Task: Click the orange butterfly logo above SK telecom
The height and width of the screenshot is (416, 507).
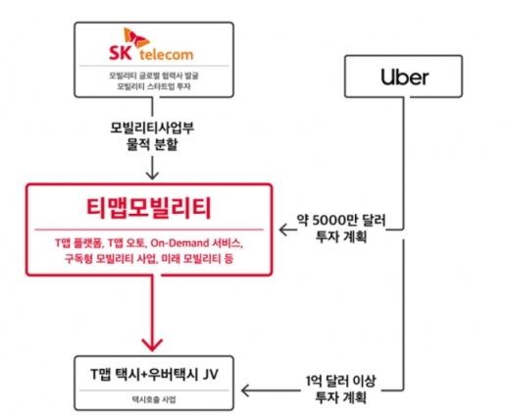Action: tap(136, 38)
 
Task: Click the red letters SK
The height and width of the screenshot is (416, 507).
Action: tap(121, 53)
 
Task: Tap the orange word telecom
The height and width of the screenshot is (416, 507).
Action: tap(167, 54)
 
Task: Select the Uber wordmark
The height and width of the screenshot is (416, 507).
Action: tap(404, 78)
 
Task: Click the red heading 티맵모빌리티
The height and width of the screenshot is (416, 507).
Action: tap(149, 208)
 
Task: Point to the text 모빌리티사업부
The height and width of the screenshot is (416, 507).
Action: tap(152, 128)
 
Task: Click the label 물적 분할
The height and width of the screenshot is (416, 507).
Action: tap(152, 143)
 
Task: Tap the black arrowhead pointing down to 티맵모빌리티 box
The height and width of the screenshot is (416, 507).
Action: tap(152, 175)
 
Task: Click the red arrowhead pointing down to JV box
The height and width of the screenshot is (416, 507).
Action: tap(152, 344)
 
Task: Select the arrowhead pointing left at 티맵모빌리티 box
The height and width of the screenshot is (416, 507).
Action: tap(283, 230)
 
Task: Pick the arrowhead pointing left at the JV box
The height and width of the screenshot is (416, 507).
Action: tap(246, 390)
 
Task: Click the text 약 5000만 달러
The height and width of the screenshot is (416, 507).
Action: tap(341, 221)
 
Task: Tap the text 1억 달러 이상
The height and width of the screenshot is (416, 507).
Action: tap(341, 382)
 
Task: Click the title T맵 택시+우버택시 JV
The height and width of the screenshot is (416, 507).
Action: tap(154, 375)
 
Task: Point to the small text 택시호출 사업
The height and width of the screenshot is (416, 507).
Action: tap(154, 399)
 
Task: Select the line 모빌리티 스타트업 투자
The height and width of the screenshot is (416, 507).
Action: tap(154, 86)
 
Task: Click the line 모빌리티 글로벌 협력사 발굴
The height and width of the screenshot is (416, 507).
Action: tap(154, 76)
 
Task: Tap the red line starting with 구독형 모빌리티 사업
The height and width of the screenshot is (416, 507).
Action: tap(149, 259)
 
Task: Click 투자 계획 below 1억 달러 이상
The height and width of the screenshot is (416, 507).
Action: tap(341, 397)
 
